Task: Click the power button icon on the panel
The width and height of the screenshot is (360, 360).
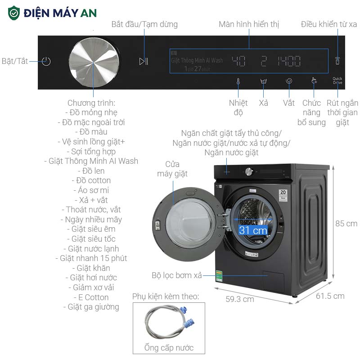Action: point(46,62)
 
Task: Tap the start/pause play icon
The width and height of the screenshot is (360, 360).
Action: point(144,61)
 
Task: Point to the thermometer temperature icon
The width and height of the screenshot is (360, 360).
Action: point(238,81)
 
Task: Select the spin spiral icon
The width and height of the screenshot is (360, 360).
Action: point(289,81)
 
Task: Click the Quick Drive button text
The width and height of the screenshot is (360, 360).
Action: point(337,81)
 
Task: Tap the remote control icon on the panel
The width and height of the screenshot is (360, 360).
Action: point(337,61)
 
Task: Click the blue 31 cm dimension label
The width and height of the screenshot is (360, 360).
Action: point(253,230)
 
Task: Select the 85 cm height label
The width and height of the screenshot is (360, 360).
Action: point(346,224)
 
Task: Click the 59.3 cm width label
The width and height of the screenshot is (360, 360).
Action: point(239,299)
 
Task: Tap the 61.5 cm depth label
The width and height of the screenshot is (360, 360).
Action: point(330,296)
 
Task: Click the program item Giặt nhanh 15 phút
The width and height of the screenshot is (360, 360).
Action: point(94,258)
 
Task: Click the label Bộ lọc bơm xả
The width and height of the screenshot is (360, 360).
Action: point(176,275)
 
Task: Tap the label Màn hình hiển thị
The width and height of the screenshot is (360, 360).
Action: point(249,24)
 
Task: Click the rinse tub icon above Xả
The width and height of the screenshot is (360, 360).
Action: point(264,82)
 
